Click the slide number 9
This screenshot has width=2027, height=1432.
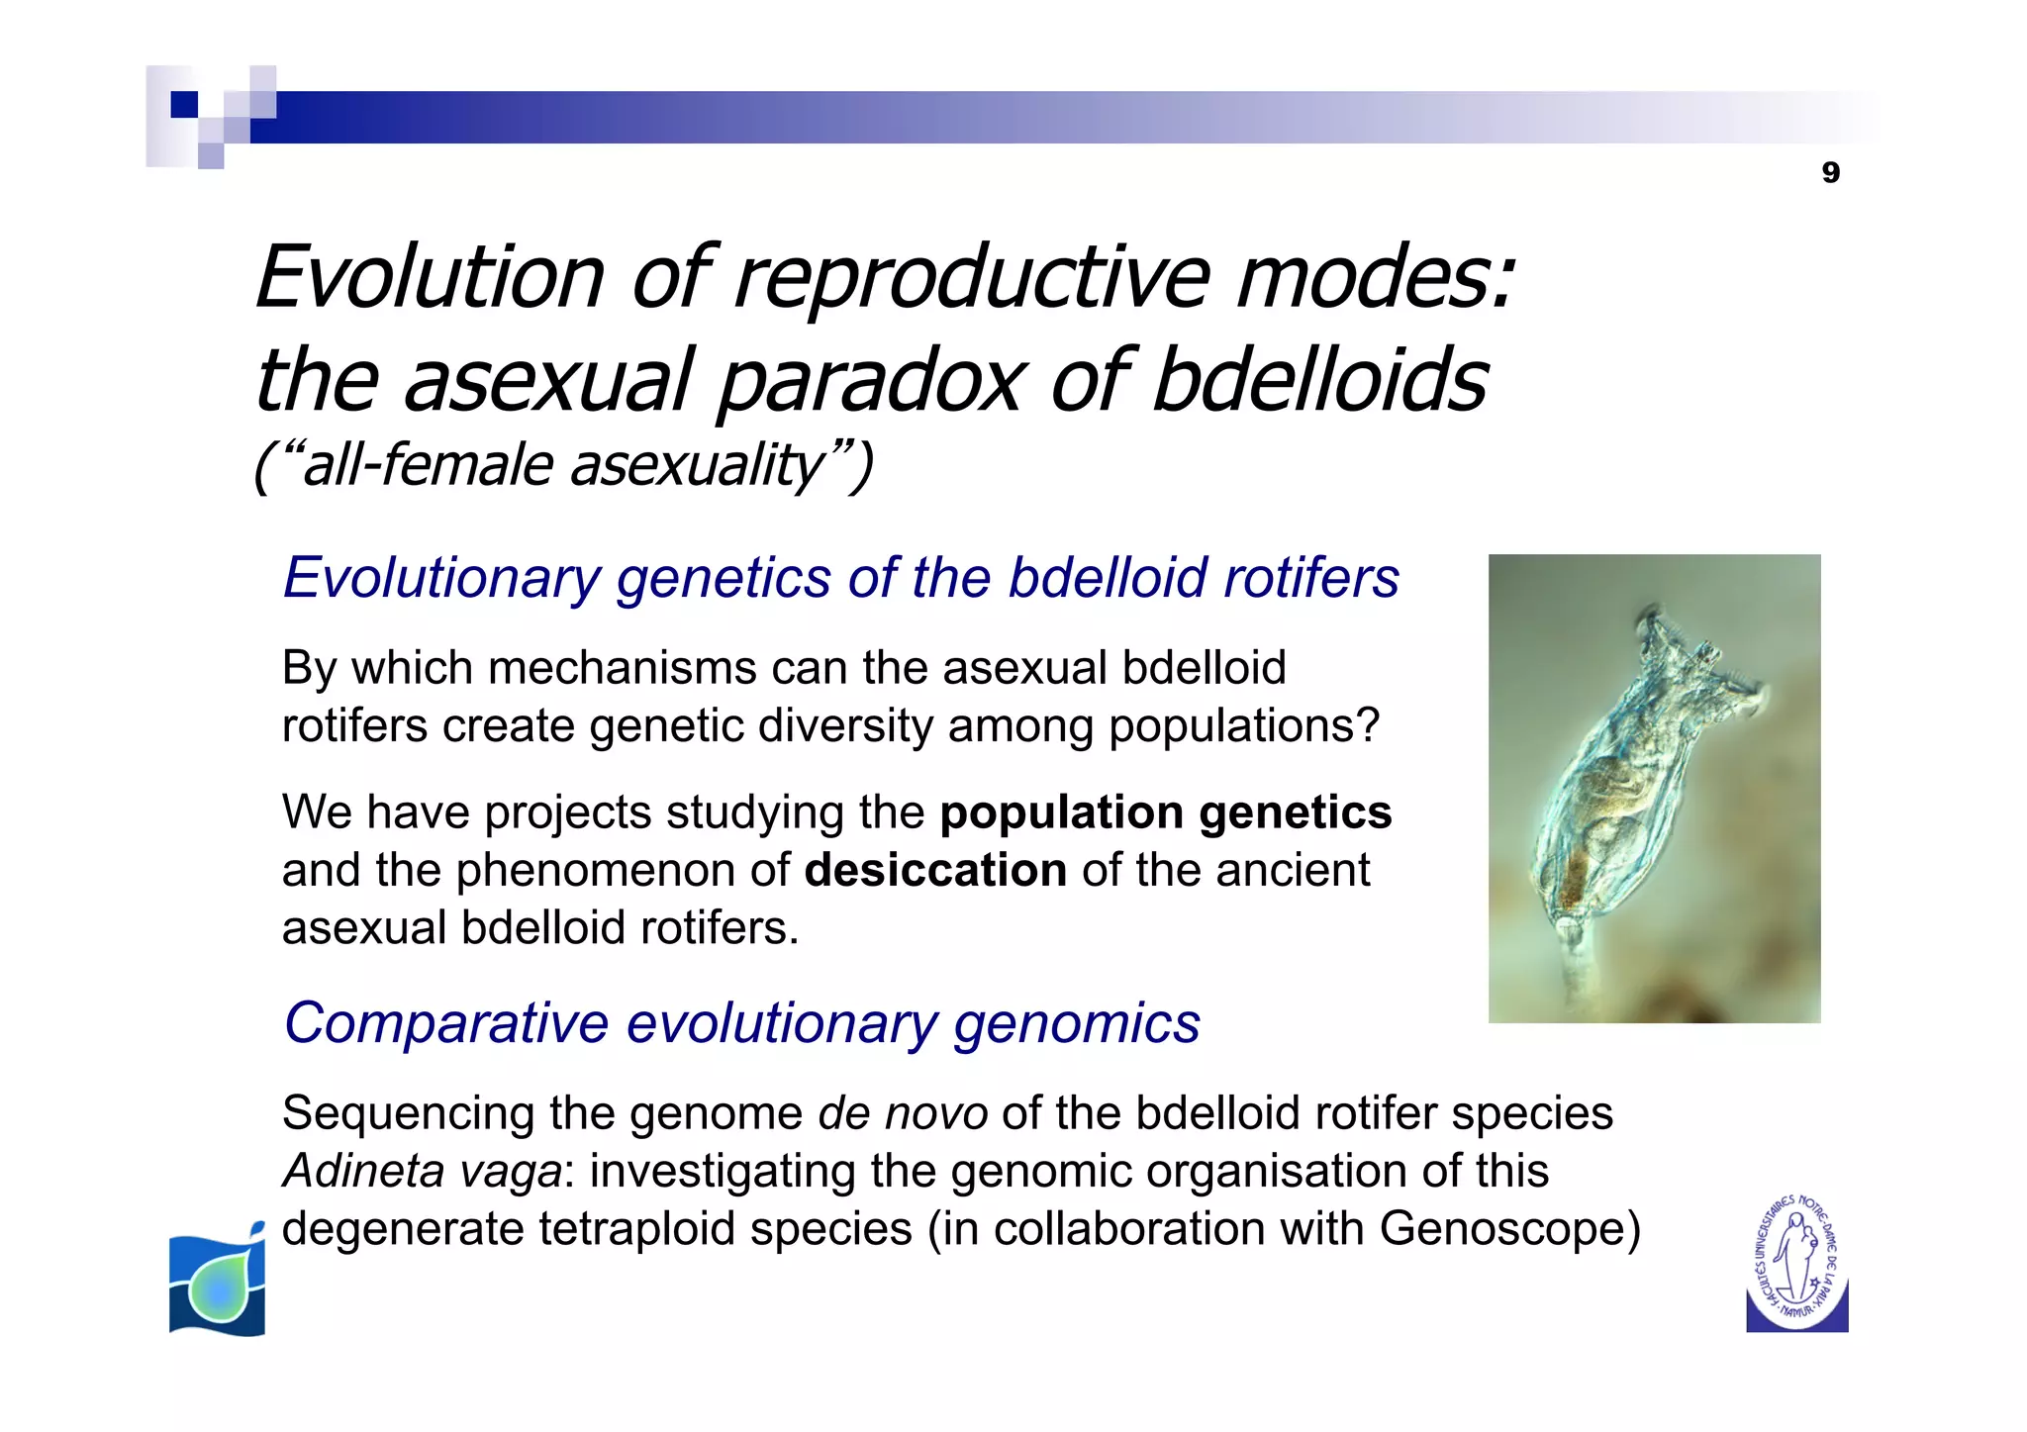coord(1830,173)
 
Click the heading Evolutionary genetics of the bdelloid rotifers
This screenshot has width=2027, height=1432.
coord(840,578)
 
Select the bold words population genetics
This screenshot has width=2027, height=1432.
coord(1165,812)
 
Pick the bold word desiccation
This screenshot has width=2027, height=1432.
coord(935,871)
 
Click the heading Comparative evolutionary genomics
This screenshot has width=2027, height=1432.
coord(741,1023)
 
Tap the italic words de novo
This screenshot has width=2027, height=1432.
coord(902,1113)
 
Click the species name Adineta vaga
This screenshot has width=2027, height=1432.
coord(423,1172)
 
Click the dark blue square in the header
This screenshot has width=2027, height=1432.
coord(184,104)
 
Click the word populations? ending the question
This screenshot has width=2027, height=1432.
coord(1243,726)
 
